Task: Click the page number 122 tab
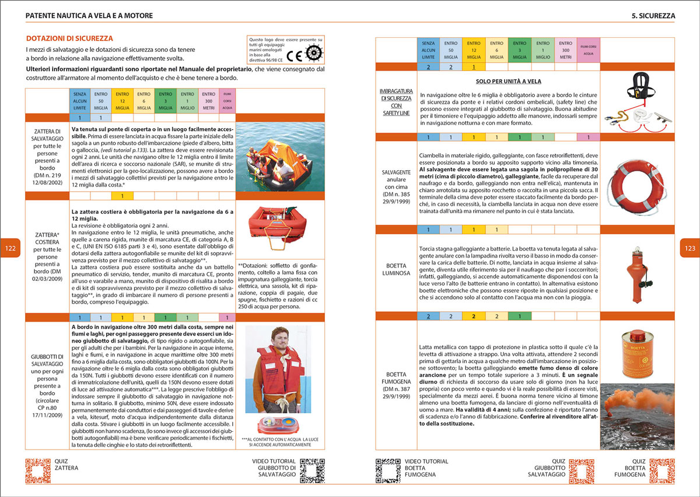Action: click(x=10, y=248)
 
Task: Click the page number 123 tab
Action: click(x=689, y=248)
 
